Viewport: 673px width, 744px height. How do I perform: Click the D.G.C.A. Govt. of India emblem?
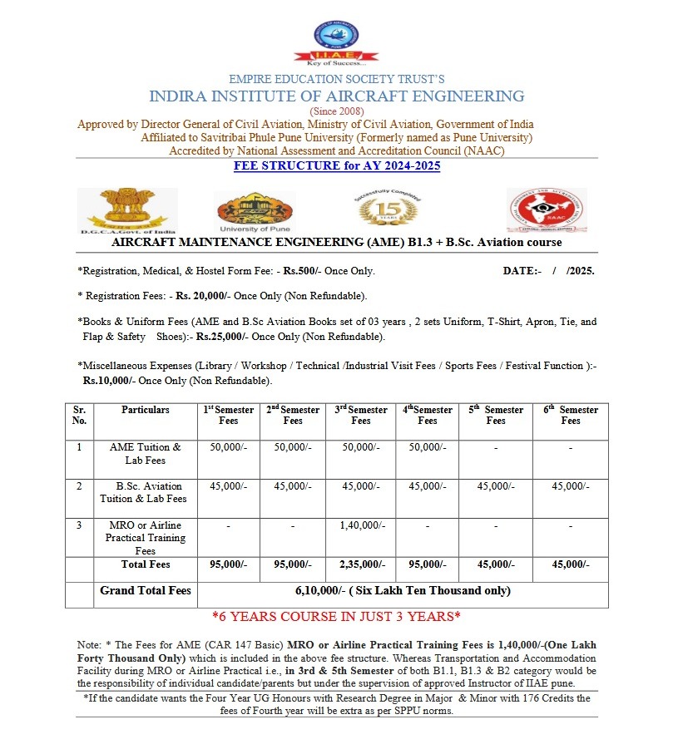click(x=127, y=210)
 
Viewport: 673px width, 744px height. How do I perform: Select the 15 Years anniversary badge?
click(x=383, y=208)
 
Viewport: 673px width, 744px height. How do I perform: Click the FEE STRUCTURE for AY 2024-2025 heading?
click(x=336, y=166)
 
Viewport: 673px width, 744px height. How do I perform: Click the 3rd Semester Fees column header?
click(x=361, y=415)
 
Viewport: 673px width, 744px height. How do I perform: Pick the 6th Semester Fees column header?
click(x=570, y=415)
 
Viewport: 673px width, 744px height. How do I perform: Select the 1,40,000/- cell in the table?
click(x=361, y=525)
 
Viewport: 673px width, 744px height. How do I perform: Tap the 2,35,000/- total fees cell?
click(x=361, y=564)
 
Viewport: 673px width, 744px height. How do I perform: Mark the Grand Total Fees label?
click(x=146, y=591)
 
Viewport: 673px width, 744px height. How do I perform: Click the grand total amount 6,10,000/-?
click(x=403, y=591)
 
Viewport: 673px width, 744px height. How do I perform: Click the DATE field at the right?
click(x=549, y=271)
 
